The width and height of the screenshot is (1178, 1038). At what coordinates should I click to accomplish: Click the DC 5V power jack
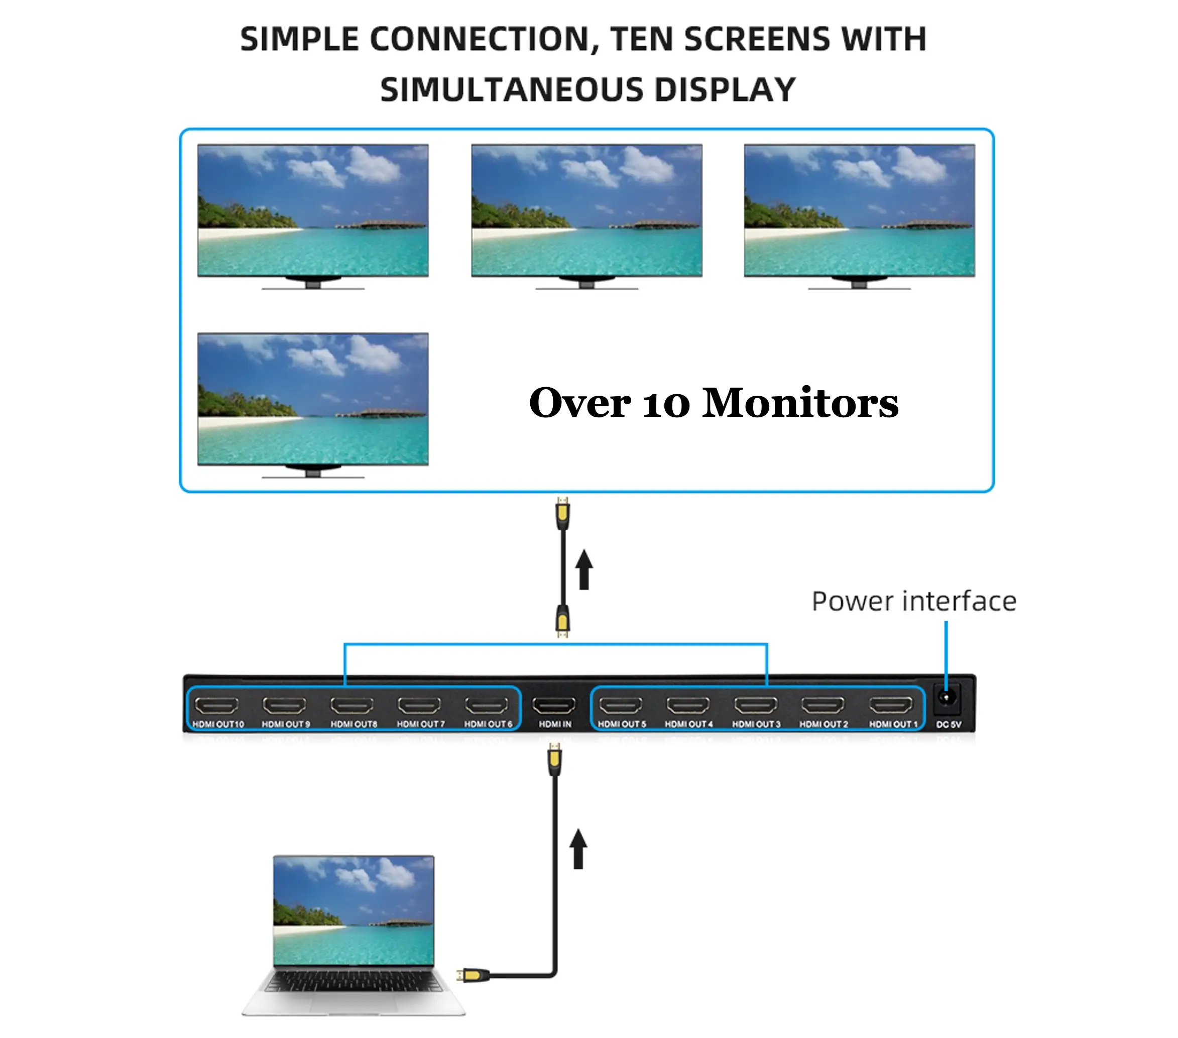[x=945, y=698]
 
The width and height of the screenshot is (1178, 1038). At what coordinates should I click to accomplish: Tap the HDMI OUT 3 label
[x=756, y=724]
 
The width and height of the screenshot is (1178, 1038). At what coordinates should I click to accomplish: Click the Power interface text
[x=914, y=601]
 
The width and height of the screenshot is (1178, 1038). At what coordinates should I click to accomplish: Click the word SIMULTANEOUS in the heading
[x=511, y=90]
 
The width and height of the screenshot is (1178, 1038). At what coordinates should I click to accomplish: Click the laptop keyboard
[x=354, y=981]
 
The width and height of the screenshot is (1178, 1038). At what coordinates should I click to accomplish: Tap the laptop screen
[x=354, y=910]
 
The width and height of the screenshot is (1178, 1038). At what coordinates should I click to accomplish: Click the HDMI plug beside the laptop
[x=473, y=975]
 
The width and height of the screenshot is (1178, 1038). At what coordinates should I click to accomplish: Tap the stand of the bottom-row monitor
[x=313, y=473]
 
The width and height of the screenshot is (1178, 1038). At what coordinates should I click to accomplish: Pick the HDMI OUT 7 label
[x=421, y=724]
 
